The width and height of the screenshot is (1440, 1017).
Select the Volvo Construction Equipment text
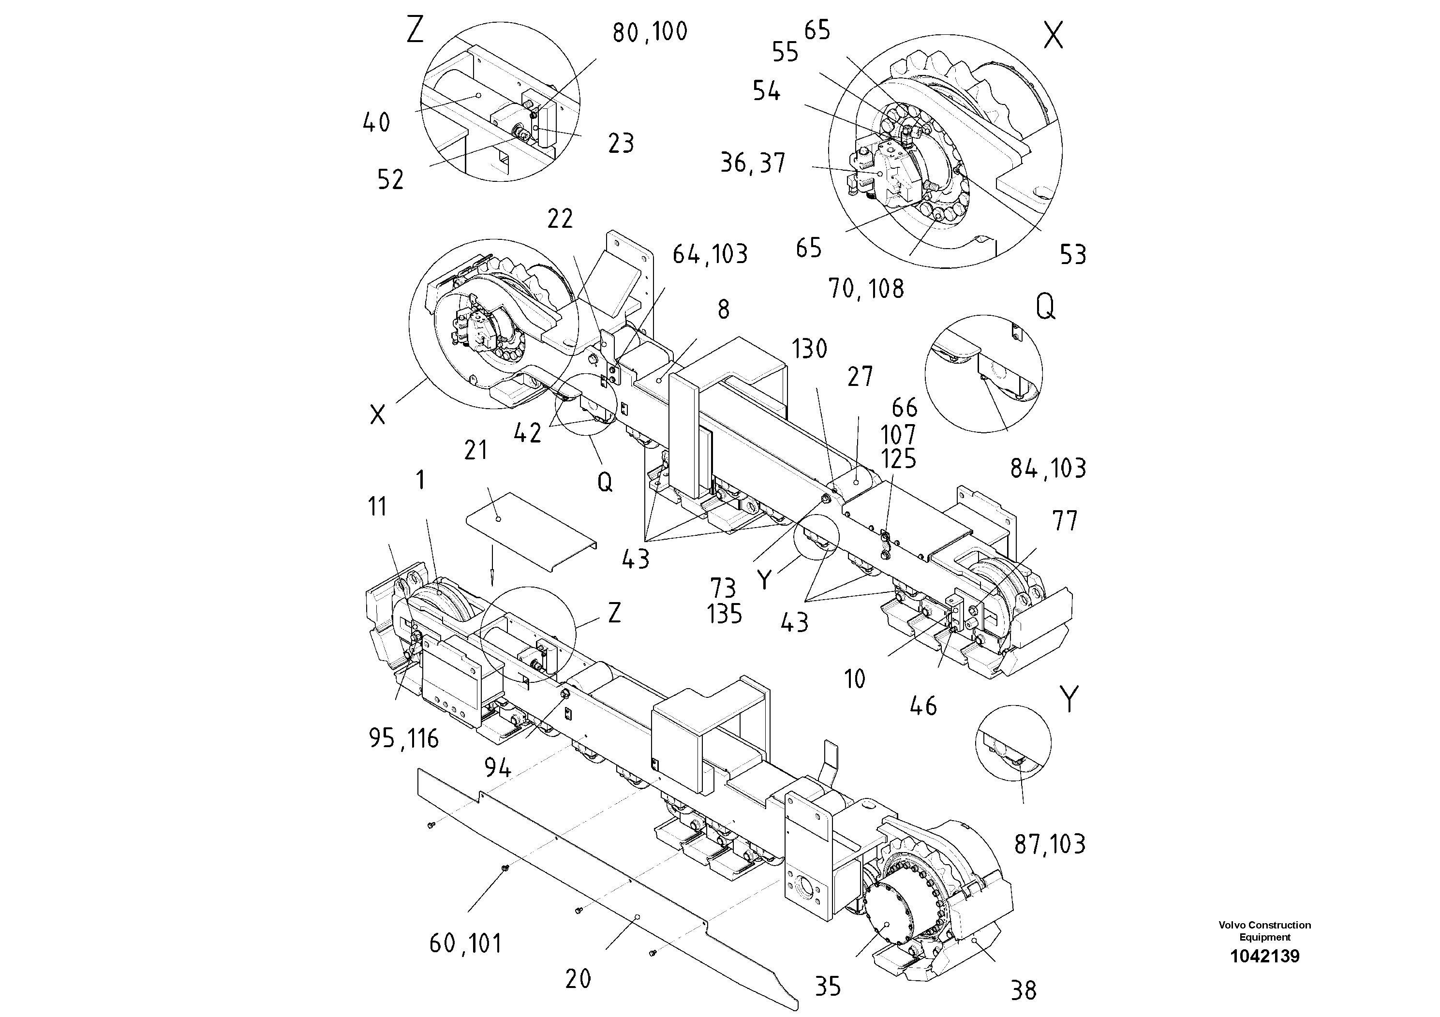[x=1264, y=930]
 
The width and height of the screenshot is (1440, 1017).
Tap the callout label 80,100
[x=650, y=32]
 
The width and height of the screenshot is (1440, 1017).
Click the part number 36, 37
[x=752, y=163]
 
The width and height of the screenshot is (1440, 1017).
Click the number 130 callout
[x=809, y=349]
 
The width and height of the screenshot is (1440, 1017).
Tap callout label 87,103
[x=1049, y=844]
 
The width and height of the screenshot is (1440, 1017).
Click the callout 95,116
[x=403, y=738]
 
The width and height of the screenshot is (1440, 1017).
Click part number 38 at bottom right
[x=1024, y=991]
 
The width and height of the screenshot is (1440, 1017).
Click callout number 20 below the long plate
[x=578, y=979]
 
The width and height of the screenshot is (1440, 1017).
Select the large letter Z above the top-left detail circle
[x=415, y=30]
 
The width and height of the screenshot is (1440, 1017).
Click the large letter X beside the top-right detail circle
[x=1053, y=36]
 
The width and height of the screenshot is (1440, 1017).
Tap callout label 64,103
[x=710, y=254]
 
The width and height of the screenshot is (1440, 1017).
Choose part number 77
[x=1064, y=521]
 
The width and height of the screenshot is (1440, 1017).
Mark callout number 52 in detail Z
[x=390, y=180]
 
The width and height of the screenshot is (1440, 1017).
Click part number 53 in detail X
[x=1072, y=254]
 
